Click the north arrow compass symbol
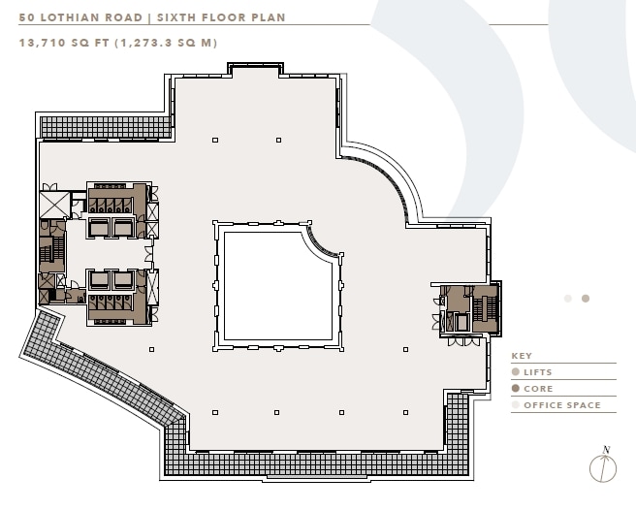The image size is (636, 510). [602, 465]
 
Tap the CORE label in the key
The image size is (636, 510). [538, 389]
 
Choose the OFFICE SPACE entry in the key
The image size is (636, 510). [561, 405]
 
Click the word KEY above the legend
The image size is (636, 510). [522, 356]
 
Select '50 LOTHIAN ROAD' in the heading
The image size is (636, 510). [73, 17]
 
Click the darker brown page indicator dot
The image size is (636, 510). [586, 299]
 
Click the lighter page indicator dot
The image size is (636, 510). [568, 299]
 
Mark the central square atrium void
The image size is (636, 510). [275, 287]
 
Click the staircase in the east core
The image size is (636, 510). [490, 305]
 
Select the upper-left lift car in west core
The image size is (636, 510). [100, 226]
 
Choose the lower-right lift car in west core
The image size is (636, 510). [123, 280]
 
